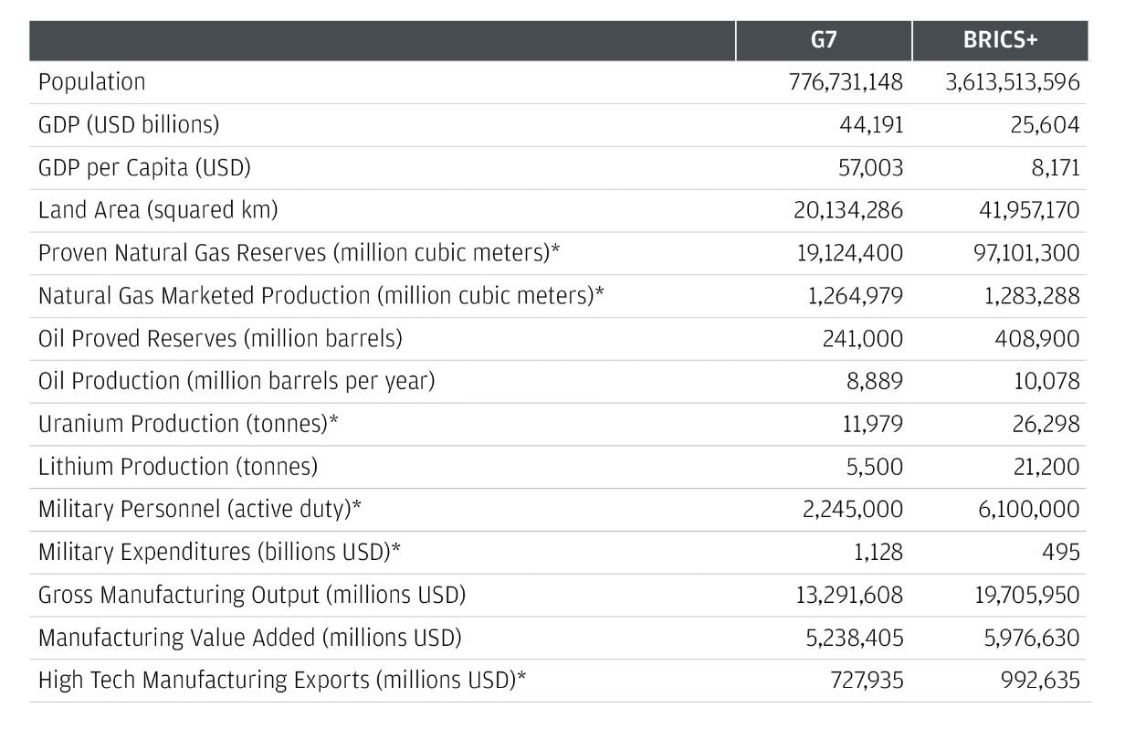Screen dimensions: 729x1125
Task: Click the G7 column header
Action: coord(823,42)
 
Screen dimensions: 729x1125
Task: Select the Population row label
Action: coord(91,82)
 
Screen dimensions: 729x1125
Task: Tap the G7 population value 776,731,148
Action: coord(845,82)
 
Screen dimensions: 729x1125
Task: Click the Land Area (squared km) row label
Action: coord(157,210)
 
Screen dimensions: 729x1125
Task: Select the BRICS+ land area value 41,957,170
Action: coord(1022,210)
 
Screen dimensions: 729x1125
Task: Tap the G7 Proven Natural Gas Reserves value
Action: coord(849,253)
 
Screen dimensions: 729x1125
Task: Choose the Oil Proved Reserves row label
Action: coord(219,339)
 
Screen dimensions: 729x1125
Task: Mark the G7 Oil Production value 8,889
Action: coord(875,381)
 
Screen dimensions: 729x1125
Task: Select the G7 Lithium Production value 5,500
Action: coord(876,467)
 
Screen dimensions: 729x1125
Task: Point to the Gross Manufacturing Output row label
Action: coord(251,596)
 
